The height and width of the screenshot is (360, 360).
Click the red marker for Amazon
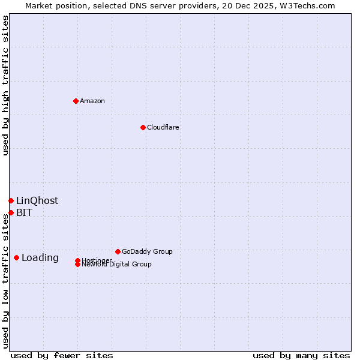coord(76,101)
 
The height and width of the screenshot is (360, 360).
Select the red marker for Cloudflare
coord(143,127)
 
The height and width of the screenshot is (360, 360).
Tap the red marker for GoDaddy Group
coord(118,251)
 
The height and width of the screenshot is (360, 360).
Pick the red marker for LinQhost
coord(11,200)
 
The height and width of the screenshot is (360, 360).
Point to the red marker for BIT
coord(11,212)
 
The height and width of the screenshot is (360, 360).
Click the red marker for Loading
coord(16,257)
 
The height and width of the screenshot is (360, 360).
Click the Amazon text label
coord(92,101)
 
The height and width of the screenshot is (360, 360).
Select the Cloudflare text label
coord(163,127)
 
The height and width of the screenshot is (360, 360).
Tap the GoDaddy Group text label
coord(147,251)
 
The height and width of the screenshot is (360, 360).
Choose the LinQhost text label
coord(37,200)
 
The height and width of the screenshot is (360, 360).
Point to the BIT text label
coord(24,212)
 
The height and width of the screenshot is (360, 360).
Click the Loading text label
coord(40,258)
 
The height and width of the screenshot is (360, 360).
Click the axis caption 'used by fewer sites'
coord(62,355)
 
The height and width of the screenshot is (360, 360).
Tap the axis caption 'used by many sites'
coord(301,355)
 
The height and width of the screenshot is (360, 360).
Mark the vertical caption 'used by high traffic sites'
coord(5,85)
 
